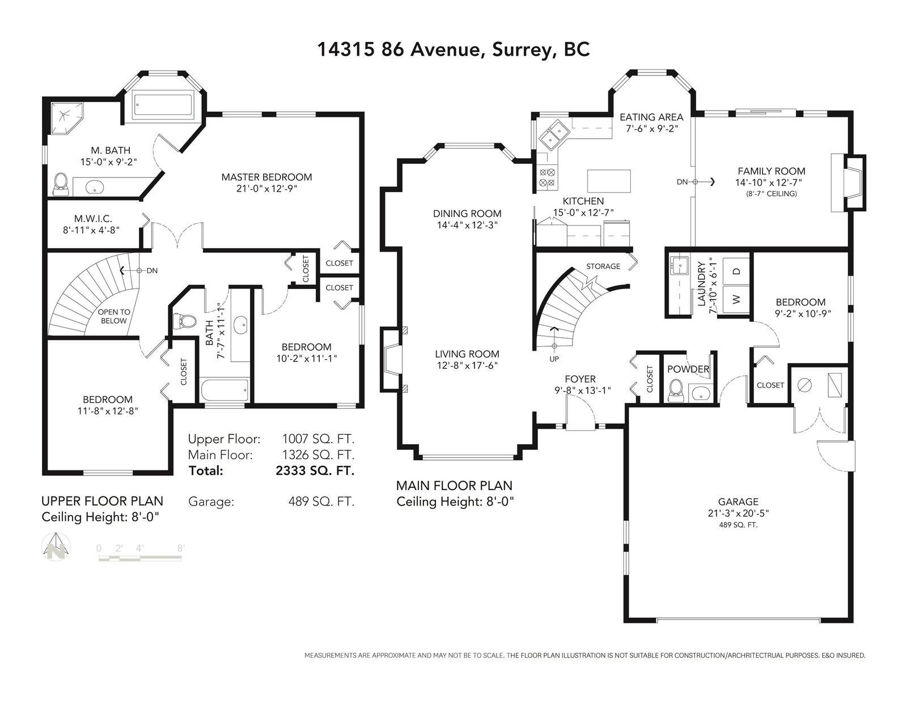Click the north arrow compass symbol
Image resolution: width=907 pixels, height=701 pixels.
coord(56,546)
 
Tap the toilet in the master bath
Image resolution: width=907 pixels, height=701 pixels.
coord(61,184)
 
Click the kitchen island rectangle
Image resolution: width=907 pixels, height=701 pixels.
coord(609,181)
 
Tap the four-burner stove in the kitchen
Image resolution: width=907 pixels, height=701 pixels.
coord(547,177)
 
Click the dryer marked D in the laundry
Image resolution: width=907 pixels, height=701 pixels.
coord(737,271)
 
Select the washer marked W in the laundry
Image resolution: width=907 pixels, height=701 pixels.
coord(737,299)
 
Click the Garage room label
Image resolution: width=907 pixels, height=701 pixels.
coord(738,502)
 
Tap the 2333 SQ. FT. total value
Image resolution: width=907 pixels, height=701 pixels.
coord(315,471)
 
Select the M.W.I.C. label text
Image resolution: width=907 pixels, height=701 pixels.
coord(93,219)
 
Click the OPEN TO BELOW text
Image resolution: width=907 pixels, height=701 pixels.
coord(114,316)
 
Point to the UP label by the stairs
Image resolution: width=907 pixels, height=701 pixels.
coord(554,359)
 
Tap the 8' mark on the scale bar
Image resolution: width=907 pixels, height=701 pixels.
coord(181,548)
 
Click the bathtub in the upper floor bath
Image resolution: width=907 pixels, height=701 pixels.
coord(225,390)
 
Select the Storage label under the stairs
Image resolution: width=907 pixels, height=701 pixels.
coord(603,266)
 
